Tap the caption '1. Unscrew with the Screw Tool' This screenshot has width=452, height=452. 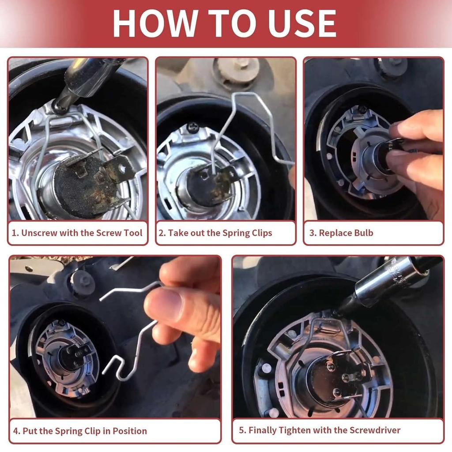click(77, 233)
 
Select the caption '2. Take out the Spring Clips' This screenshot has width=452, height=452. click(220, 233)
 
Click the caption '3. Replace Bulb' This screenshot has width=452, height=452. click(341, 233)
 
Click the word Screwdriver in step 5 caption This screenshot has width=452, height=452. click(375, 430)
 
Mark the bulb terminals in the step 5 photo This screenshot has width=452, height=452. click(344, 375)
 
